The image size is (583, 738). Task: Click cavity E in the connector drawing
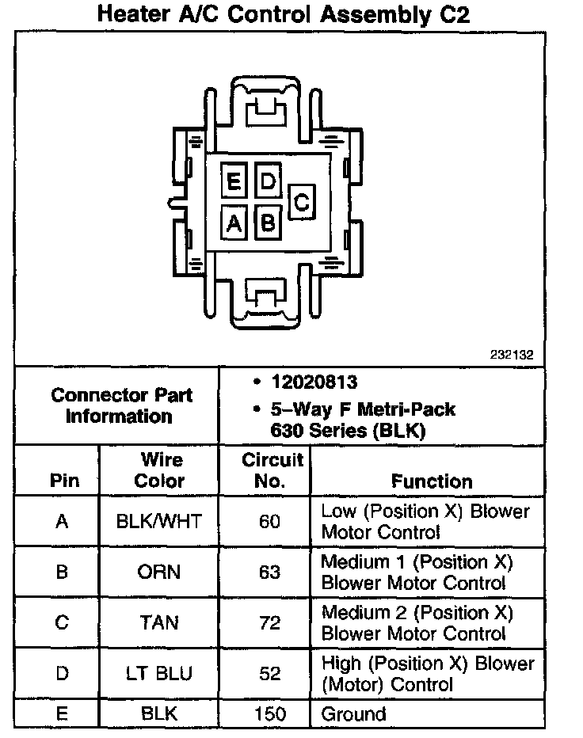(x=234, y=183)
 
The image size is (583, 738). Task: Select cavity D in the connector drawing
(x=268, y=183)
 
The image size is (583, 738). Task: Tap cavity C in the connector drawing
(x=302, y=202)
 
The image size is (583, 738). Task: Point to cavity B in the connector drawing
(x=268, y=222)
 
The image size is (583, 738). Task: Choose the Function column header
(x=432, y=481)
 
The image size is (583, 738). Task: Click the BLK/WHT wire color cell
(x=159, y=522)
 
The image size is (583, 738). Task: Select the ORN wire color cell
(x=159, y=573)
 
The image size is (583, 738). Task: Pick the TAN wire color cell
(x=159, y=623)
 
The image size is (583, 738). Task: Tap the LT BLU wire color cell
(x=159, y=674)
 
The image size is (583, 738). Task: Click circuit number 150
(x=270, y=714)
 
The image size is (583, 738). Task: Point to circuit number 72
(x=270, y=623)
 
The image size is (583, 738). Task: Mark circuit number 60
(x=270, y=522)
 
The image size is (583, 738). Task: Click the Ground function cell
(x=353, y=714)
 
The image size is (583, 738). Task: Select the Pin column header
(x=64, y=481)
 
